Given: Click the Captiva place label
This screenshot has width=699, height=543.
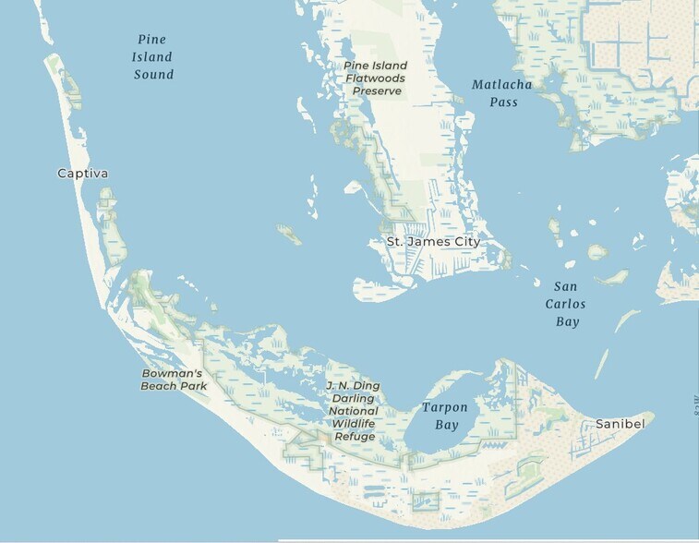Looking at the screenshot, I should coord(82,174).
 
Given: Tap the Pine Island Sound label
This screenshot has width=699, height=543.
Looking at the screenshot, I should coord(153,56).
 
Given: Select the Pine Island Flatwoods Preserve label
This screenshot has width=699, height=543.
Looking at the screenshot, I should coord(376,78).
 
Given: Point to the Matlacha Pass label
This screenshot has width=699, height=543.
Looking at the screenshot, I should coord(502,93).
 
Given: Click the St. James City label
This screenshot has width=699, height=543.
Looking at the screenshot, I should coord(433,242).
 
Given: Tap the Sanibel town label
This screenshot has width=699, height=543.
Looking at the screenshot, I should coord(620,422).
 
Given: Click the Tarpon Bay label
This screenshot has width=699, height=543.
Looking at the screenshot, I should coord(445,416).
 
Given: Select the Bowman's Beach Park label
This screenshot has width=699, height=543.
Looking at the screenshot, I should coord(174,380).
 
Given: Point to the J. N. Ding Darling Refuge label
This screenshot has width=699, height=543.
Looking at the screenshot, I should coord(354,410).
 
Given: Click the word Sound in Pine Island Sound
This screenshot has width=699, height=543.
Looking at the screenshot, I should coord(153,74).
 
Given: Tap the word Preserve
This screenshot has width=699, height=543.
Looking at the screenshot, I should coord(377,91).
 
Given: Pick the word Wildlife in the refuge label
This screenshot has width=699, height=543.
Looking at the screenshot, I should coord(355,423).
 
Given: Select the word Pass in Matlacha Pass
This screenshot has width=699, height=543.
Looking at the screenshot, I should coord(504,102).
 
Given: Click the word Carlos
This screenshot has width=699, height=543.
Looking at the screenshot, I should coord(565,304).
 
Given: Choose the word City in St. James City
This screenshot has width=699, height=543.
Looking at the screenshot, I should coord(465,242).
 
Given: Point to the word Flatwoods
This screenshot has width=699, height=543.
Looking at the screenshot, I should coord(376,78).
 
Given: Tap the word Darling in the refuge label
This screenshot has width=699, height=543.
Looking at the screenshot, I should coord(354,398).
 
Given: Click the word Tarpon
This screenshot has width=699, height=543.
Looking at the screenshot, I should coord(445,407).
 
